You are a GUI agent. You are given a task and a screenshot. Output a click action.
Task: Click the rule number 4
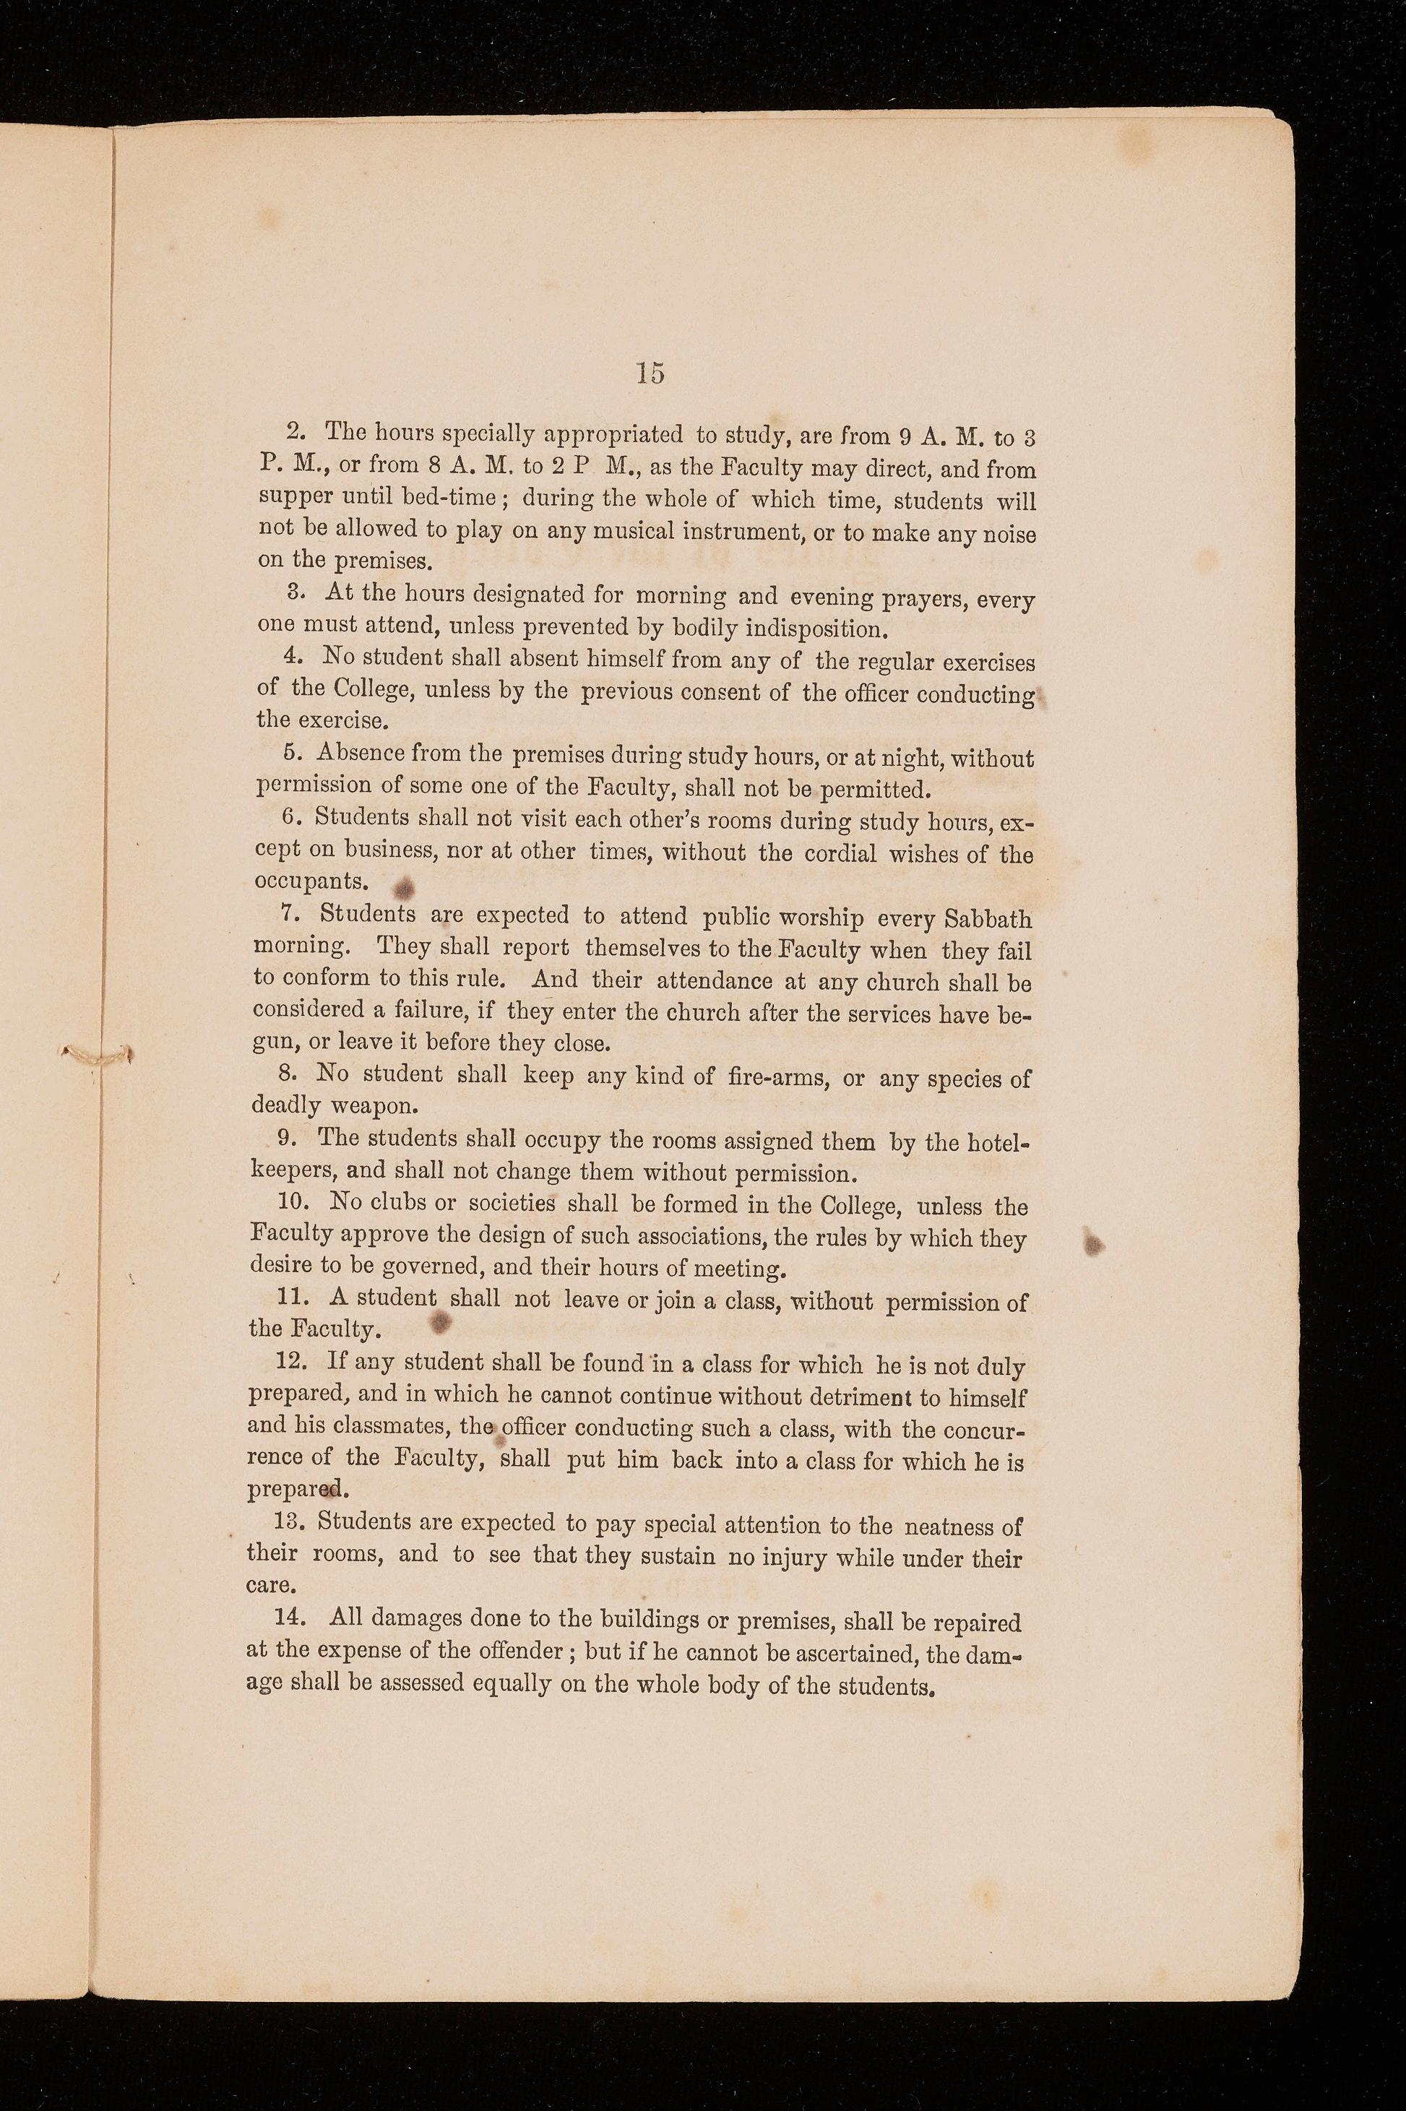coord(290,656)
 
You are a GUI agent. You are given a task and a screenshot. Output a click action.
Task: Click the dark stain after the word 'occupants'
coord(402,886)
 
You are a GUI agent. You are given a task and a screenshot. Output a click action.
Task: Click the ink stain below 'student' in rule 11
coord(439,1321)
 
